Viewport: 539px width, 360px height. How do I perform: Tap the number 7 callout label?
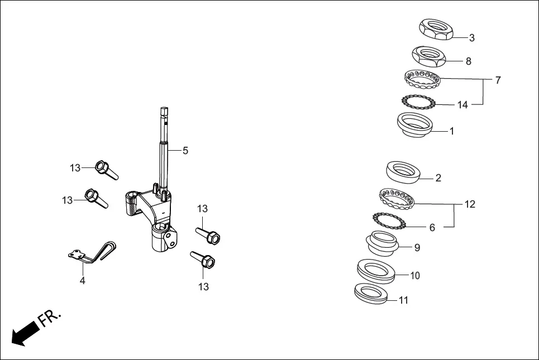(498, 80)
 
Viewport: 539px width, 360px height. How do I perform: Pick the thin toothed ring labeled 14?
(418, 102)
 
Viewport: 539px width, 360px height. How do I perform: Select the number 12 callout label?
(470, 204)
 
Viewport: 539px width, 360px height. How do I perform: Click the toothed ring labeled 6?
(389, 221)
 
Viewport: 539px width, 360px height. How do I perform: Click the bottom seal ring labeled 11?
(371, 294)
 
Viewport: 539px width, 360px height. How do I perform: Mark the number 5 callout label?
(185, 150)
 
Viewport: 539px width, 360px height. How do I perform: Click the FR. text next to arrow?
(49, 318)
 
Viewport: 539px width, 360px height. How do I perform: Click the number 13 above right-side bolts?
(202, 209)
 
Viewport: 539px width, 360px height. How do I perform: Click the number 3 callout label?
(472, 38)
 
